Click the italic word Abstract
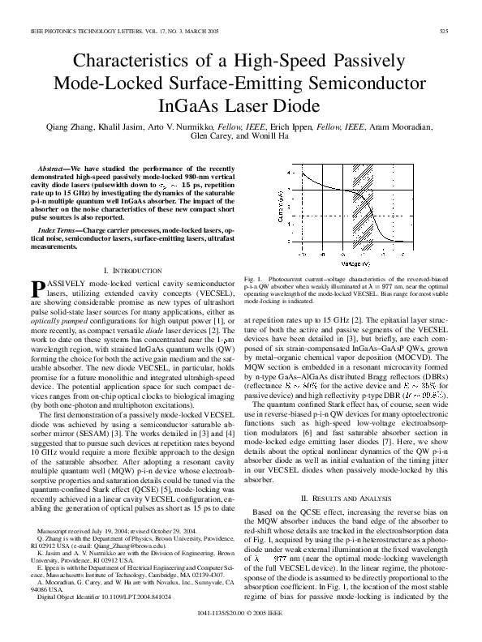tap(54, 165)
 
